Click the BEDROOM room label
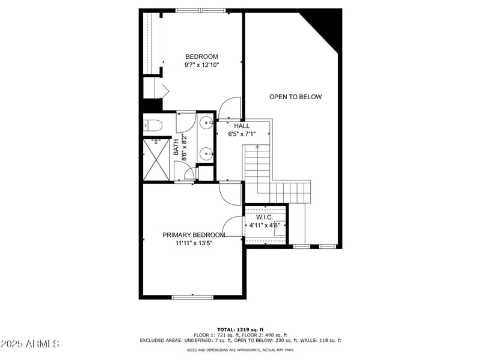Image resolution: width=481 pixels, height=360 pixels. click(201, 56)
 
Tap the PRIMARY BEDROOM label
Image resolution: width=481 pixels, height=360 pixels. click(194, 235)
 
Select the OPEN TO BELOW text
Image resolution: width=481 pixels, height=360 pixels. click(295, 97)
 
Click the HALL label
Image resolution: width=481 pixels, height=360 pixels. click(242, 126)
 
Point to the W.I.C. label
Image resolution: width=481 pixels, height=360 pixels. click(265, 217)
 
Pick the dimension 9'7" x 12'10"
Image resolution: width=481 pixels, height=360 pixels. click(201, 65)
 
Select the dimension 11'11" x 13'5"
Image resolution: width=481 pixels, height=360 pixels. click(194, 243)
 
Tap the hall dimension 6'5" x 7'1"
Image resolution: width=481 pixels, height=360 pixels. click(242, 134)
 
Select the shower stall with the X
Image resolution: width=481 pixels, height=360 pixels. click(156, 159)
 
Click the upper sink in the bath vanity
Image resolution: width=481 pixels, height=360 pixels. click(206, 123)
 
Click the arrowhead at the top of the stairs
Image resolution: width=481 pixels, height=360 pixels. click(257, 147)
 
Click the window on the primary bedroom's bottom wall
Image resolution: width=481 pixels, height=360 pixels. click(192, 296)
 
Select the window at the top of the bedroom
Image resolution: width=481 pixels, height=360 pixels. click(200, 10)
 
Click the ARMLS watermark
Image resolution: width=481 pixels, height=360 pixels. click(29, 344)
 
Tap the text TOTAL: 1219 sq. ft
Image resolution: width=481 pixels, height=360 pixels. click(240, 329)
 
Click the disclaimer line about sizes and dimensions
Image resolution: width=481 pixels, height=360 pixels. click(240, 349)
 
